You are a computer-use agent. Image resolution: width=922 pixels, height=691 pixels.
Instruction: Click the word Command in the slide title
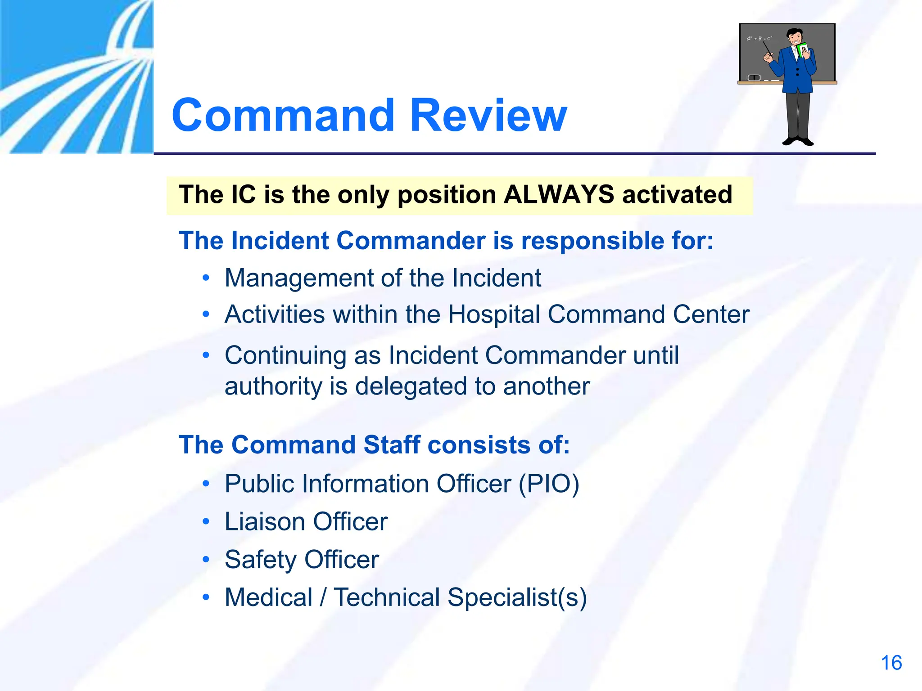283,116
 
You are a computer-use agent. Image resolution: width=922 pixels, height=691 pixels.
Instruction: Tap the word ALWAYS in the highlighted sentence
559,195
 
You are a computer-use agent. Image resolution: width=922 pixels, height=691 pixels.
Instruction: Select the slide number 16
891,663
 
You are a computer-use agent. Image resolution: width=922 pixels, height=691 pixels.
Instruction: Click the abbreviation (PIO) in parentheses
549,484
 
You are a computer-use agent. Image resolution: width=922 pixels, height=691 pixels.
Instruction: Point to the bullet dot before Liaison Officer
206,522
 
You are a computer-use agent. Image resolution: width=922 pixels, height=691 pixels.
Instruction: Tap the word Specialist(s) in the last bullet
517,598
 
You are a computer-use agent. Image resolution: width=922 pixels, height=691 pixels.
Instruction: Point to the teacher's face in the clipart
795,38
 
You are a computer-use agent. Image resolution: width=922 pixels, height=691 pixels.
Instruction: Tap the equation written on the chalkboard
759,39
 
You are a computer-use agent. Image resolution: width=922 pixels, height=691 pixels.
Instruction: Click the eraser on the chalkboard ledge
754,78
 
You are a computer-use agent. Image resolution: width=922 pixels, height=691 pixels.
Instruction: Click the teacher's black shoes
798,141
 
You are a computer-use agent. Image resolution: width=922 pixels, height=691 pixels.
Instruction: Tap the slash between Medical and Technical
323,598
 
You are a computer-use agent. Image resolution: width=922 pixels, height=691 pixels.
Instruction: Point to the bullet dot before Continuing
206,355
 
